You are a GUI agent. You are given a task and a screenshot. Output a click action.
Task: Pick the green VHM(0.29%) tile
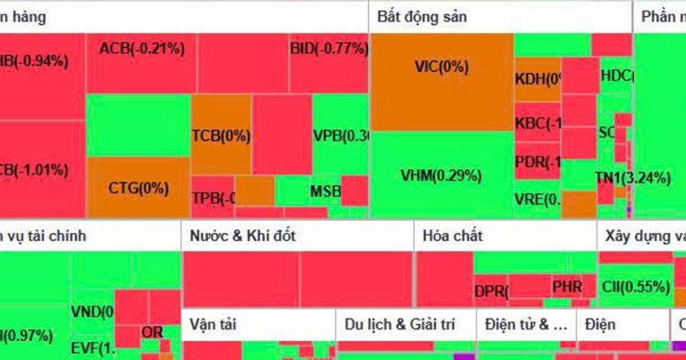441,175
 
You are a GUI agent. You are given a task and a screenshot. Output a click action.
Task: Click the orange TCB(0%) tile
221,135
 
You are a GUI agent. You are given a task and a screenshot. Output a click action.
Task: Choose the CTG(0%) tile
138,187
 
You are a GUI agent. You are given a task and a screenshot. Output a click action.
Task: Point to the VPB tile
340,137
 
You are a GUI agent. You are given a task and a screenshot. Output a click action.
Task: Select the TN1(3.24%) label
633,178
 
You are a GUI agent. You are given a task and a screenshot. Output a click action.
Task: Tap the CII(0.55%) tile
635,286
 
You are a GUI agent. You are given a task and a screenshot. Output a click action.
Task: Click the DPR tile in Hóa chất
491,291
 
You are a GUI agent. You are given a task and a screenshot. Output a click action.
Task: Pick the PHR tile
567,287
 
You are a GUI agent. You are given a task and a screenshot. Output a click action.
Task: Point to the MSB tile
325,191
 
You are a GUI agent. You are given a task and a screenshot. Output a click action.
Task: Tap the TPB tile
212,198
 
